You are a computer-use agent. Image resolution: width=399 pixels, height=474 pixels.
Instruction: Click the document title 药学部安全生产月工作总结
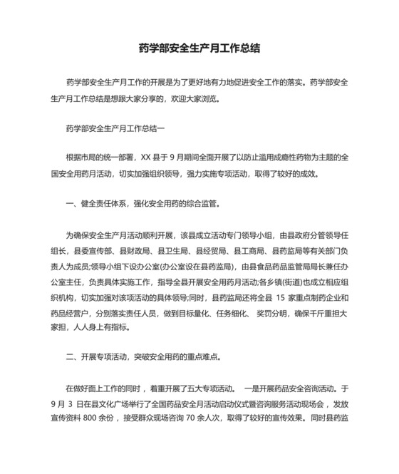point(199,49)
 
